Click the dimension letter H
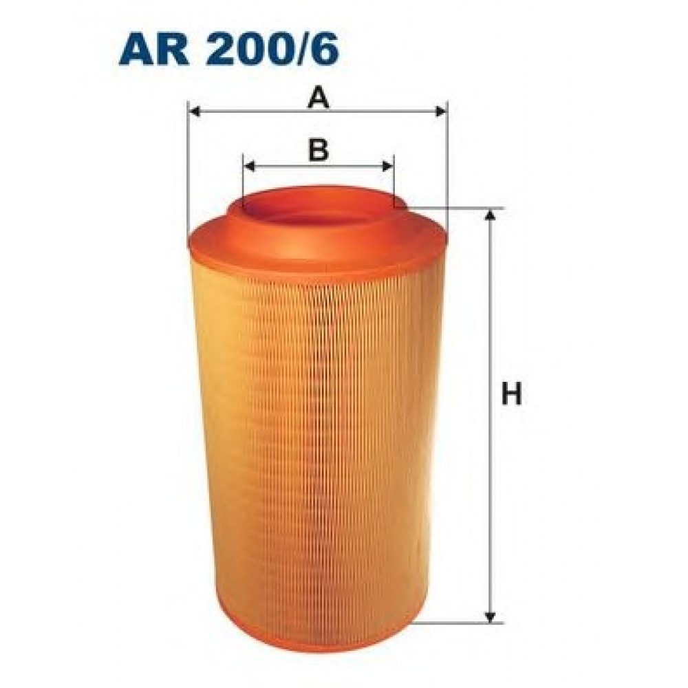pyautogui.click(x=511, y=394)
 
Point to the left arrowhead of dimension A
pyautogui.click(x=195, y=111)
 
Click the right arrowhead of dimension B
pyautogui.click(x=387, y=166)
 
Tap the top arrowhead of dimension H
pyautogui.click(x=491, y=215)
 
